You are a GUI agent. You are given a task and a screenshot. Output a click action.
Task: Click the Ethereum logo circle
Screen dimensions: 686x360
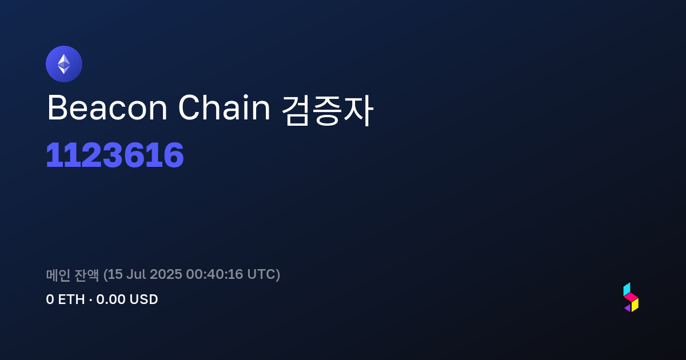coord(64,64)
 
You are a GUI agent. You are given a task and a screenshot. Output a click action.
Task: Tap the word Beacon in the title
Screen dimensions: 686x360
coord(107,108)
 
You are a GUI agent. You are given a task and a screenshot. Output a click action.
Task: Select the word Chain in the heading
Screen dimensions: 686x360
coord(224,108)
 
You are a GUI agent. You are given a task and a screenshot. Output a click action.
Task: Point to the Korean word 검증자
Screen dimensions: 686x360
coord(328,110)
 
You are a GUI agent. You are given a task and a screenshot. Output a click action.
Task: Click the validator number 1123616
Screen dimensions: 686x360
coord(115,155)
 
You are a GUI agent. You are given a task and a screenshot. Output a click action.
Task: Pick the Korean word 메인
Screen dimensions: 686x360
coord(58,275)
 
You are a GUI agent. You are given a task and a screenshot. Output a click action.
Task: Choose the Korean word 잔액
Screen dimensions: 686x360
coord(87,275)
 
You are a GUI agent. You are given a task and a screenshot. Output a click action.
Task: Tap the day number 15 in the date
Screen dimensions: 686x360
coord(115,274)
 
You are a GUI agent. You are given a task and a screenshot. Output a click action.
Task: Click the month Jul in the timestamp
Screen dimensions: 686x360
coord(136,274)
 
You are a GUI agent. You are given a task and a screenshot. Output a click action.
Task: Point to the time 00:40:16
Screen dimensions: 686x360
coord(214,274)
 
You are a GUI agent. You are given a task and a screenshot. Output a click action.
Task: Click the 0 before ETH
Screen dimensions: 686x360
coord(50,299)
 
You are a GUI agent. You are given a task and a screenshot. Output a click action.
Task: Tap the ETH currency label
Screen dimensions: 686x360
coord(71,299)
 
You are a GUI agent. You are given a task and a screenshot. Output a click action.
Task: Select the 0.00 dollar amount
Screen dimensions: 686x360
coord(110,299)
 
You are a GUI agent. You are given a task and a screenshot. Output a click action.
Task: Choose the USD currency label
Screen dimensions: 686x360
coord(143,299)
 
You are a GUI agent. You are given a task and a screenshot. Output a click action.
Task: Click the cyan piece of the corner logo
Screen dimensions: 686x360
coord(627,289)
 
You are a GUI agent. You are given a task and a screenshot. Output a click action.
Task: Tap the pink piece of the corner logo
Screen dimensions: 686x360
coord(631,297)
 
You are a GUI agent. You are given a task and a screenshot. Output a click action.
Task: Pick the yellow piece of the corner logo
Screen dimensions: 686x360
coord(635,305)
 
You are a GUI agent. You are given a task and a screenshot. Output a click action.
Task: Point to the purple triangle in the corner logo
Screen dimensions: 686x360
coord(628,308)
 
